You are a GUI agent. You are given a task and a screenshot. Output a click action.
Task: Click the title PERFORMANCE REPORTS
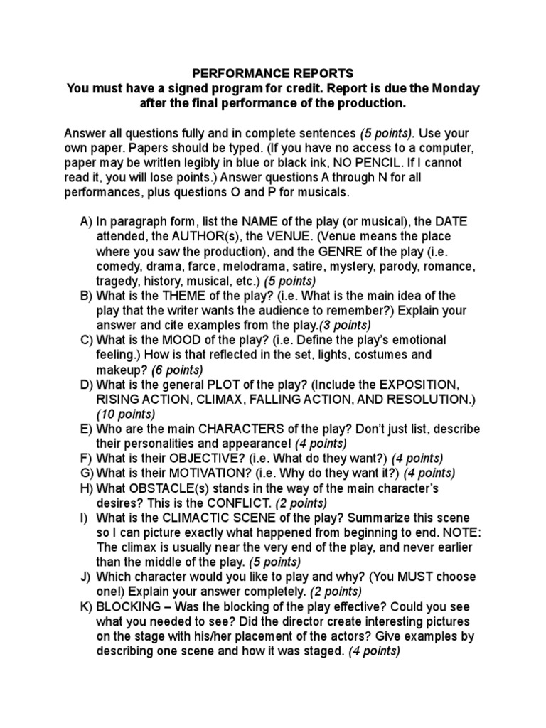click(x=273, y=73)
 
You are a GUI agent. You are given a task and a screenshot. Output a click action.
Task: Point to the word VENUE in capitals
click(x=287, y=236)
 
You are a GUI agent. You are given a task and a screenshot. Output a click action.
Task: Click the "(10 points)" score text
click(x=126, y=414)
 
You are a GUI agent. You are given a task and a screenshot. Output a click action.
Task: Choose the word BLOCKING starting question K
click(x=129, y=606)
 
